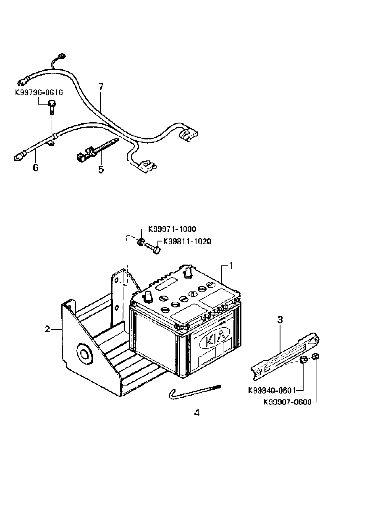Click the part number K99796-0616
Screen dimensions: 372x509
[39, 93]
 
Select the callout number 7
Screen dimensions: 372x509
[101, 87]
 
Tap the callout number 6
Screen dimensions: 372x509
[36, 168]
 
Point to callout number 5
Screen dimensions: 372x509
[101, 170]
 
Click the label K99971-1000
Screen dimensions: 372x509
[172, 229]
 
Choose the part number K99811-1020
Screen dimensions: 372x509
[187, 241]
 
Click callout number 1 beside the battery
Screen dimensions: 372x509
[231, 266]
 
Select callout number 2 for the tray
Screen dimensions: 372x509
[47, 329]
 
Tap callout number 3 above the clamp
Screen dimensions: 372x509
[280, 320]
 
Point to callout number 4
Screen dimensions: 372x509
[197, 412]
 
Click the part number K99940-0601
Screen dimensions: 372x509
[272, 391]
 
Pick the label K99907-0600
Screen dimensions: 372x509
[288, 402]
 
